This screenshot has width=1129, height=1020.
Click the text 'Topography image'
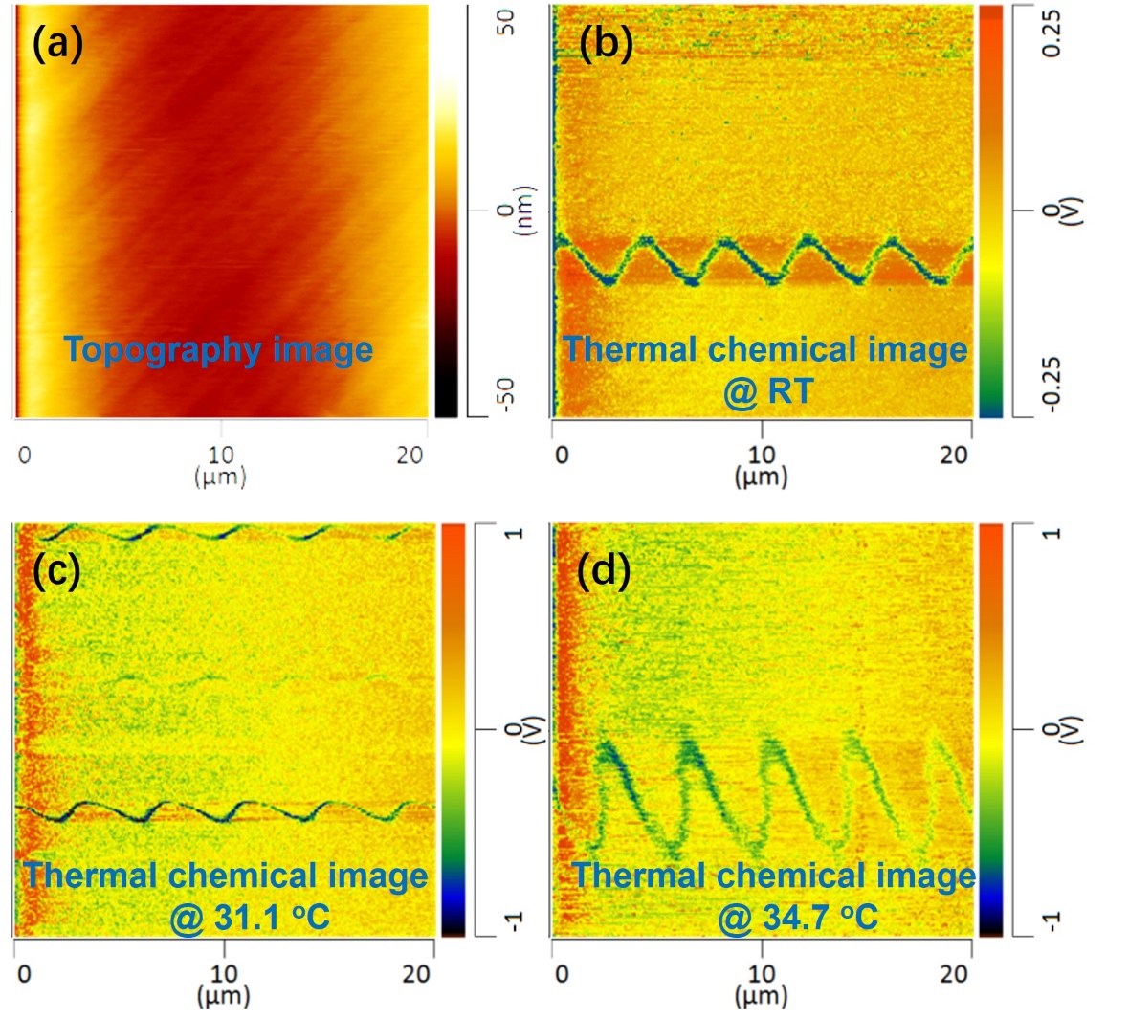click(218, 349)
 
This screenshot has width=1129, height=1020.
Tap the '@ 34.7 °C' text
click(798, 918)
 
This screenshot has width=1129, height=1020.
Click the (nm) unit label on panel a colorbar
click(523, 211)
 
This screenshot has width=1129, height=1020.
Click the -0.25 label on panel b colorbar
click(1052, 384)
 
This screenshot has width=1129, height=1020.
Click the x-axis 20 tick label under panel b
click(953, 455)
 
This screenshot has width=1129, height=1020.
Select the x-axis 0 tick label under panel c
click(25, 974)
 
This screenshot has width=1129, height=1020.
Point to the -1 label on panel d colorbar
click(1052, 920)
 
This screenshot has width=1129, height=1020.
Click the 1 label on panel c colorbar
click(515, 532)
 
